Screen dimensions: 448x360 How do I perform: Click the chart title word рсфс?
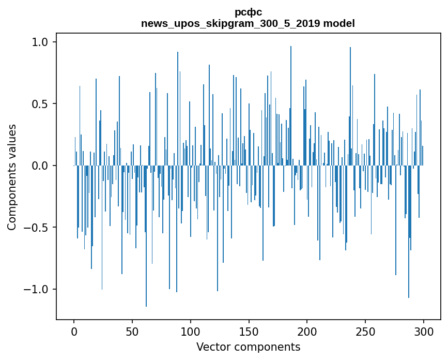[x=248, y=12]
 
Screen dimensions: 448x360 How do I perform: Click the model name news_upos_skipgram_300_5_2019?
[x=230, y=23]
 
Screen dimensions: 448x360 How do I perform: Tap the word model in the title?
[x=339, y=23]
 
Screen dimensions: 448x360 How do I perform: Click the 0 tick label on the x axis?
[x=74, y=332]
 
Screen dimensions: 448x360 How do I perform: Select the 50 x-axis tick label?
[x=132, y=332]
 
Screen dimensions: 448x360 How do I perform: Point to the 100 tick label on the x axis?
[x=190, y=332]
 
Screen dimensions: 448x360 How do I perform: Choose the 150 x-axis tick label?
[x=249, y=332]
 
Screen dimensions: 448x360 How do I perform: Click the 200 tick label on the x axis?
[x=307, y=332]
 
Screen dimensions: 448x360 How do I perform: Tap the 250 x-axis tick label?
[x=365, y=332]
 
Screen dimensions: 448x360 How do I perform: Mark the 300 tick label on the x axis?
[x=423, y=332]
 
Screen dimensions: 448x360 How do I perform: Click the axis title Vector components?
[x=248, y=347]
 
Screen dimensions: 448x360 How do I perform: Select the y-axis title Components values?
[x=12, y=177]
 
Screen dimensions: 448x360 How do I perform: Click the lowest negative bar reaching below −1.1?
[x=146, y=236]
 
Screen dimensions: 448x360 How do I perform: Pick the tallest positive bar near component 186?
[x=291, y=106]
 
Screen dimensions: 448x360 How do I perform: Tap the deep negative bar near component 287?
[x=409, y=232]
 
